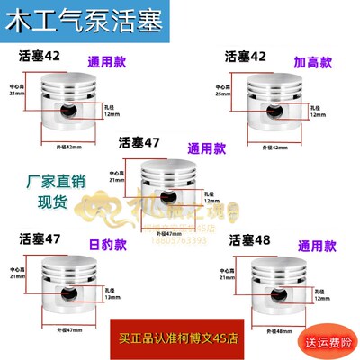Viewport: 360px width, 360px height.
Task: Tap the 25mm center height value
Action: coord(221,94)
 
